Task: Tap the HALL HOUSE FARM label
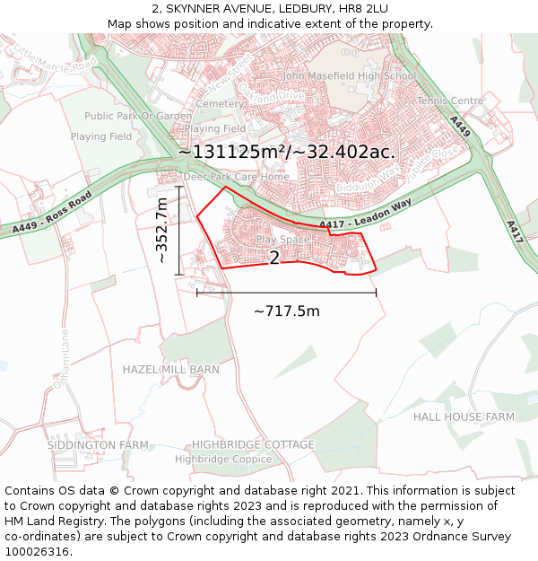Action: click(464, 417)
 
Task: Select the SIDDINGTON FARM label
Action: click(98, 444)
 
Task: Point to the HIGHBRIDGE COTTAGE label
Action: click(253, 444)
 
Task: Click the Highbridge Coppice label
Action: click(223, 459)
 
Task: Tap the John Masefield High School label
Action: click(349, 76)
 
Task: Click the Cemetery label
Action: click(220, 104)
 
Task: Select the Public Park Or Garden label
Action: click(138, 116)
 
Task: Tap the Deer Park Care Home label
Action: click(237, 177)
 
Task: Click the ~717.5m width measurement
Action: click(287, 311)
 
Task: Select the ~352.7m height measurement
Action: click(162, 231)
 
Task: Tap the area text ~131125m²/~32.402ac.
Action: click(286, 152)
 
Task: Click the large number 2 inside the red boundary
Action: click(274, 259)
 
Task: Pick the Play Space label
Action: click(282, 240)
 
